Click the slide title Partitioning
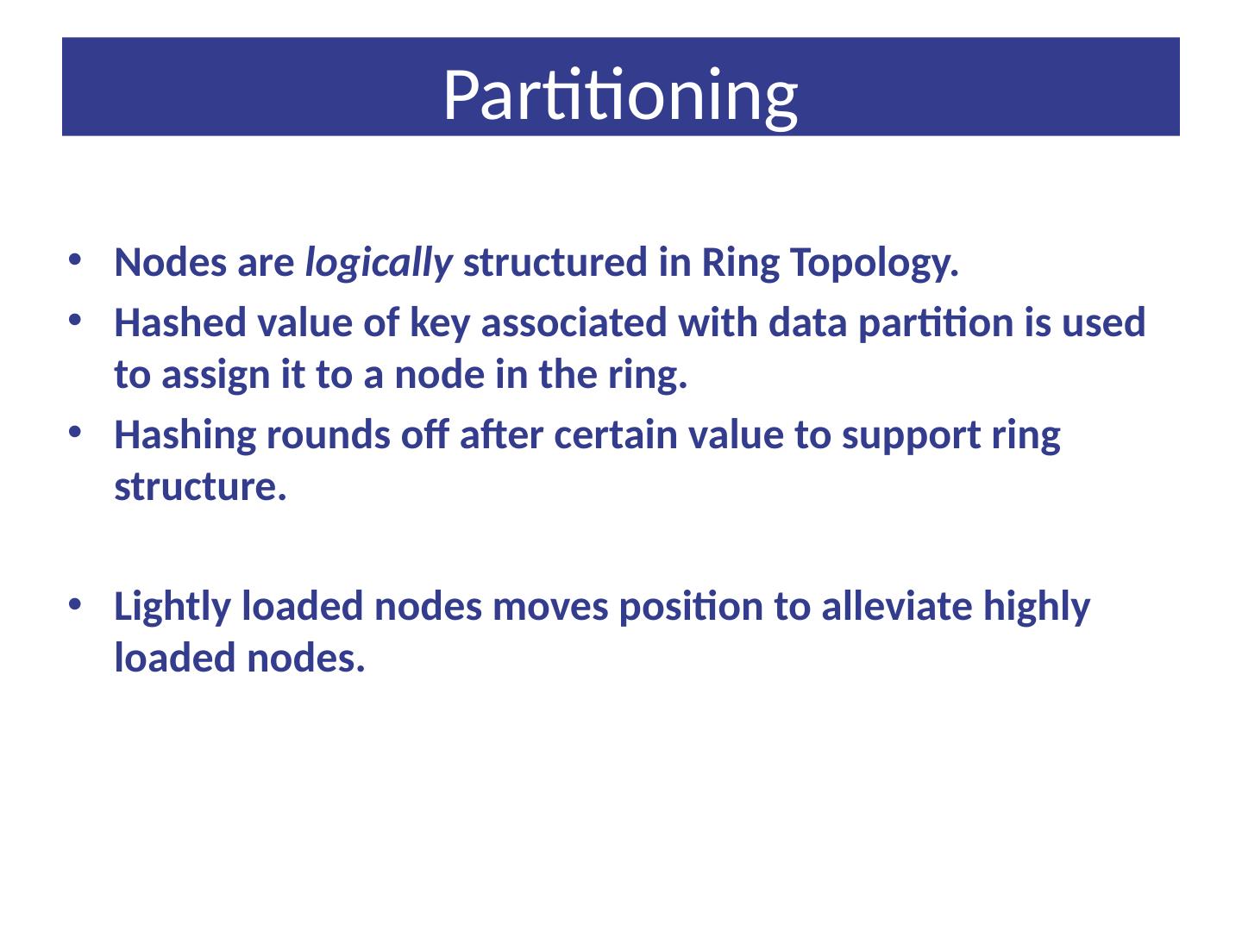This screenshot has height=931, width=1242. [x=620, y=93]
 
